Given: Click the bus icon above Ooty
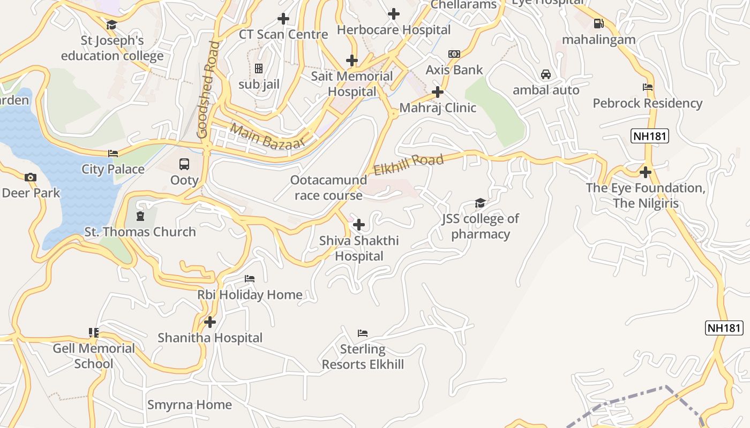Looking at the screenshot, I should [184, 164].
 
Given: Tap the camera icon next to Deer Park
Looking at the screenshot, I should [31, 177].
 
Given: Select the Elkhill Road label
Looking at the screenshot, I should [408, 164].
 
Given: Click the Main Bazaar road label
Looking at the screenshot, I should [267, 136].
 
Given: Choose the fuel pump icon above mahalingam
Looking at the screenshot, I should [598, 24].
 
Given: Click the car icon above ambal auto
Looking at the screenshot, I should [546, 74].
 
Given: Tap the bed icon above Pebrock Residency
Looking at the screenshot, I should [647, 87].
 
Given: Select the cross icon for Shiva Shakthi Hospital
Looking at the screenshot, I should [359, 225].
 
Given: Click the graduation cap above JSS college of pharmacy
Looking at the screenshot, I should [480, 203].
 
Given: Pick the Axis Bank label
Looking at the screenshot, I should [454, 70].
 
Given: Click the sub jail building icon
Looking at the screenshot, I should [259, 68].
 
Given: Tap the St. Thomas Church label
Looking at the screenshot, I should [140, 232].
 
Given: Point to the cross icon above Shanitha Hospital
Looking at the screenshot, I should [210, 322].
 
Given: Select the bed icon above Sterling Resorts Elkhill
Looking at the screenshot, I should [363, 333].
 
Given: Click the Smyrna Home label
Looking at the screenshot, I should [190, 404].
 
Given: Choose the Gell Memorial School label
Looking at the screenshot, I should [94, 356].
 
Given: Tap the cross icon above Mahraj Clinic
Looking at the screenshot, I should [438, 92].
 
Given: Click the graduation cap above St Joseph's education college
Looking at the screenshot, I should [112, 25].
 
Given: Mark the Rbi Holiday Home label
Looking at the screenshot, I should [250, 294].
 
